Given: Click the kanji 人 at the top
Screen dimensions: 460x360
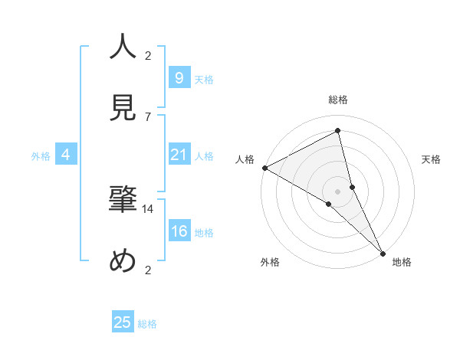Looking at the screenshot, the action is click(x=123, y=47).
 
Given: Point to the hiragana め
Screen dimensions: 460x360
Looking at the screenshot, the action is click(x=123, y=261).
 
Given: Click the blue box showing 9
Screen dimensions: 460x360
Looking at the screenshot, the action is click(x=179, y=77).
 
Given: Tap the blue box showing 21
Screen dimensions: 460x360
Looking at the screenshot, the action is click(x=179, y=155).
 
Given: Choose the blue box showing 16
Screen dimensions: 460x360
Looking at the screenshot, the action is click(x=179, y=231).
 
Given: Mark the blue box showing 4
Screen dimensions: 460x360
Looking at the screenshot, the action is click(x=66, y=155).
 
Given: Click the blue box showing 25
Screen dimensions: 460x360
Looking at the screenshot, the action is click(x=123, y=322).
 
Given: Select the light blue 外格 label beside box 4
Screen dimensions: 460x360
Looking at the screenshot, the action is click(x=41, y=156).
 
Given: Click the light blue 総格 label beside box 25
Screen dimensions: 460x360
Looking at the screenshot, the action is click(x=147, y=324).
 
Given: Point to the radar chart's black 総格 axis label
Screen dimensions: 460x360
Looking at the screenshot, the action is click(x=338, y=100).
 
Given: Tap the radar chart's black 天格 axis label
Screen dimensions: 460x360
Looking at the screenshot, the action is click(x=432, y=159).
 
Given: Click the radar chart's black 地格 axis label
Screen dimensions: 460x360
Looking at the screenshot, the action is click(x=402, y=262).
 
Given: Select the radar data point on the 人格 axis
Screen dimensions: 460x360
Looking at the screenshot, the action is click(x=264, y=168).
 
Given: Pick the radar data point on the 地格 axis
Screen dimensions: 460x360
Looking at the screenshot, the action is click(x=382, y=252).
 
